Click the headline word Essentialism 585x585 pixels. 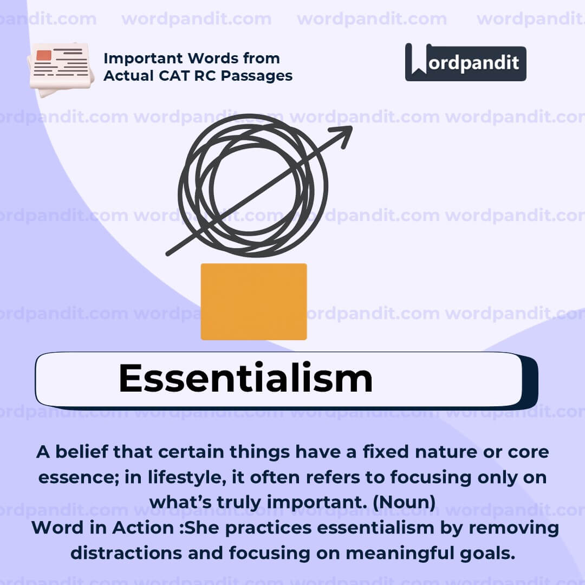[245, 378]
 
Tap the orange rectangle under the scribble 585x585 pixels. [253, 302]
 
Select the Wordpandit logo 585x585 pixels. [465, 62]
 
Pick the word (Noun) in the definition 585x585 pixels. [404, 502]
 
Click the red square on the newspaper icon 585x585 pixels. [44, 55]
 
